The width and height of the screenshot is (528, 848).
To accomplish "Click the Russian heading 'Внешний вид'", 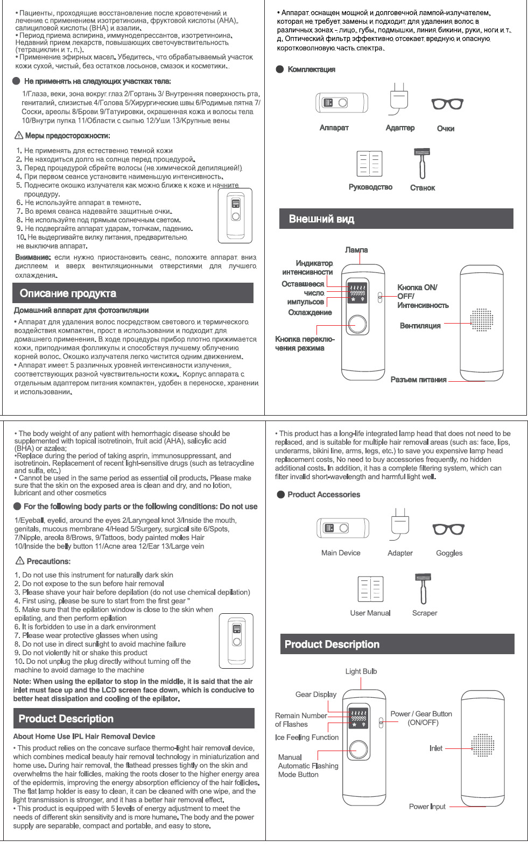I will tap(321, 219).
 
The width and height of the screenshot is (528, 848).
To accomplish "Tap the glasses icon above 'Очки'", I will tap(447, 103).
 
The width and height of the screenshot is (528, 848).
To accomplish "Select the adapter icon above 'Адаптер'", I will tap(399, 99).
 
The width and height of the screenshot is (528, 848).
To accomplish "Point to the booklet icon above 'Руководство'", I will tap(370, 164).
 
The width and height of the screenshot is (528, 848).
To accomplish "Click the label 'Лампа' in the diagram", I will tap(356, 250).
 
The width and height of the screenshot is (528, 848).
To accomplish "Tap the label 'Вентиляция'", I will tap(420, 326).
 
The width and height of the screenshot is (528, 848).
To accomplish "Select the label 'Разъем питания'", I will tap(418, 380).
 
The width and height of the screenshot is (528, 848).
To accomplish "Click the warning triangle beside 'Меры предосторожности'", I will tap(19, 135).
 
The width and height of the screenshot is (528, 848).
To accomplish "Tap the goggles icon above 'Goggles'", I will tap(448, 530).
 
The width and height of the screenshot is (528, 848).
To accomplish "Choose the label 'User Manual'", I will tap(370, 613).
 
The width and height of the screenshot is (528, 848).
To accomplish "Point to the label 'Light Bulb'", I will tap(361, 671).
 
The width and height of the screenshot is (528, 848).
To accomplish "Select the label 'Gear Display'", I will tap(315, 695).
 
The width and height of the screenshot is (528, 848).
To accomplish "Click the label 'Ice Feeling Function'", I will tap(307, 738).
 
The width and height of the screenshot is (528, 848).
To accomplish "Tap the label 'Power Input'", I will tap(427, 807).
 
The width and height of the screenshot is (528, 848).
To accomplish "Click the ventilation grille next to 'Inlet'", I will tap(482, 746).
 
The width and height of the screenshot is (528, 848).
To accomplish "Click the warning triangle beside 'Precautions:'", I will tap(20, 561).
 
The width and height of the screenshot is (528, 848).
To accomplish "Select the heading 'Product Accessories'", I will tap(323, 495).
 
